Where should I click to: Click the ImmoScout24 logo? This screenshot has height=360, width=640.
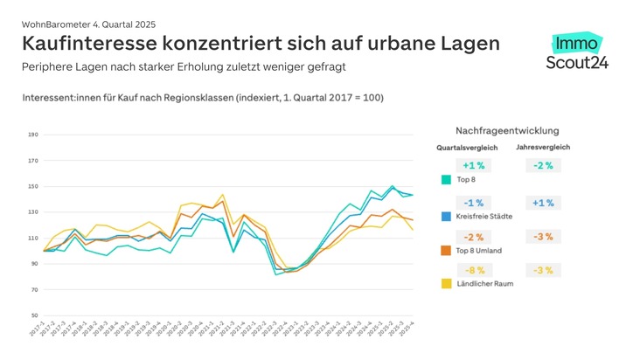tap(575, 52)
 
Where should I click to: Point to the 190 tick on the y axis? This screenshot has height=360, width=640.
tap(33, 135)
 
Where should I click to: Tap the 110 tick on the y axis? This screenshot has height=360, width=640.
tap(33, 238)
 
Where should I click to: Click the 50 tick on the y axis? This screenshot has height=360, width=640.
tap(33, 315)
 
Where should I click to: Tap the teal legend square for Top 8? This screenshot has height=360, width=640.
tap(446, 180)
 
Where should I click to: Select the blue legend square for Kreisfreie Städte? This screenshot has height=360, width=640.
tap(446, 215)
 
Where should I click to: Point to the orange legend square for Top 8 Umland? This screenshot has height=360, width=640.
tap(446, 250)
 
